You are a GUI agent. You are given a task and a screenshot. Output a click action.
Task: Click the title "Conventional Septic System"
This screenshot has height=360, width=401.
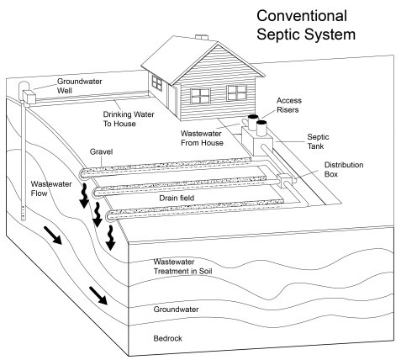coord(306,26)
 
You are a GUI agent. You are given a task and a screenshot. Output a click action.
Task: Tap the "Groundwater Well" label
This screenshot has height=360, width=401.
coord(79,86)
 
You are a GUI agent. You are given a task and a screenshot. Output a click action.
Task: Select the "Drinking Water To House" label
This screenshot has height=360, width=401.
coord(129,119)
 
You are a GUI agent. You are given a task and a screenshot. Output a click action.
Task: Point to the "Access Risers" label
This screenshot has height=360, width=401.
coord(289,105)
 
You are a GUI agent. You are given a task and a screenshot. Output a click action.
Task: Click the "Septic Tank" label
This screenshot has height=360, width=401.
coord(318,141)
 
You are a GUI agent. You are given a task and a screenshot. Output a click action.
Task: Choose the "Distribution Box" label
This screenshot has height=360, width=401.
coord(344,169)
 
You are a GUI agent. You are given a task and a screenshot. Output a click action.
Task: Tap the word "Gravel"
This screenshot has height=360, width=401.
coord(101,151)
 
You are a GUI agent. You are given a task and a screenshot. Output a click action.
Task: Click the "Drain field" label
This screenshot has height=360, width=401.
coord(177,198)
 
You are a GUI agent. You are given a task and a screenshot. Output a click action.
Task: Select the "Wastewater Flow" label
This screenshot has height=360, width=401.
coord(51,188)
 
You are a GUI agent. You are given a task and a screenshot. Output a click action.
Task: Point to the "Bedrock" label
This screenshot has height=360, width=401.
coord(167,338)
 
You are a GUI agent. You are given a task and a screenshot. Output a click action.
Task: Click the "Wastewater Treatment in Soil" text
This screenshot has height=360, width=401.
coord(182,267)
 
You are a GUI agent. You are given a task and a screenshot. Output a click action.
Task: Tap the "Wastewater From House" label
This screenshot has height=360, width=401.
coord(202,138)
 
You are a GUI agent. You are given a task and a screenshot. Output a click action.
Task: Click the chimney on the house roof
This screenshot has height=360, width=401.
coord(202,37)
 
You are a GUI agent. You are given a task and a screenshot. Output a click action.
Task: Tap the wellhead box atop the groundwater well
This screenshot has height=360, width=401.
coord(29,97)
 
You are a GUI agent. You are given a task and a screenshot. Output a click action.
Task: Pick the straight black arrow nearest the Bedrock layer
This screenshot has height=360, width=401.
coord(98,296)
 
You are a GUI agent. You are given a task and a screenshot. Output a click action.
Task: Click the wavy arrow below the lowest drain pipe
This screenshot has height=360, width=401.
coord(110,238)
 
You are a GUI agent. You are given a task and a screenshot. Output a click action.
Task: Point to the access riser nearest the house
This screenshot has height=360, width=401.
coord(253,121)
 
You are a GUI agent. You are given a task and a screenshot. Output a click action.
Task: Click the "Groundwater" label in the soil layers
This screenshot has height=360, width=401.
coord(176,310)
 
